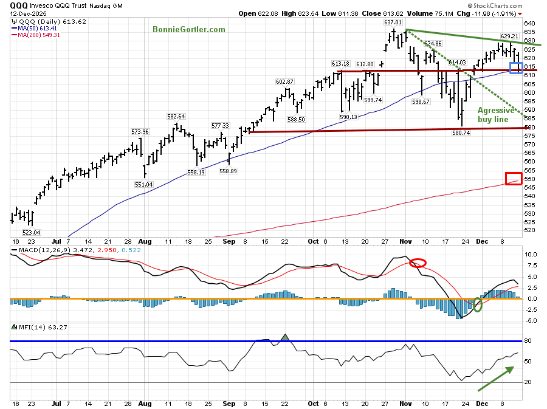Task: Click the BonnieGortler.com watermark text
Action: tap(189, 29)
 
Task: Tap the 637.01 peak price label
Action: tap(394, 22)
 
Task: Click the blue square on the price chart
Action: tap(515, 68)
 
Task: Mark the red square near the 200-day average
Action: tap(513, 178)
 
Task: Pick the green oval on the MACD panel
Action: tap(478, 304)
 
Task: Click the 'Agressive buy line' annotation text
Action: tap(496, 115)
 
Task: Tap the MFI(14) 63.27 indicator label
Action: tap(37, 327)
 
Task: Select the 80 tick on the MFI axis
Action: tap(529, 342)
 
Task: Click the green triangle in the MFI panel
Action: tap(286, 337)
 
